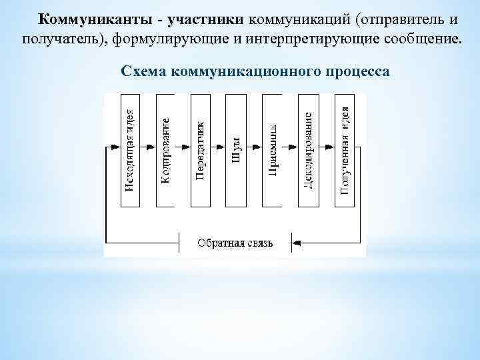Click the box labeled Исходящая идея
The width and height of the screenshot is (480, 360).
[x=131, y=150]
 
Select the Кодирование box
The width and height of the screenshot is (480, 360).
[x=165, y=150]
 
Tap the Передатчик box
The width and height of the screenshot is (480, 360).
[x=201, y=150]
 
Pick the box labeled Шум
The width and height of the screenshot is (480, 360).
[x=236, y=150]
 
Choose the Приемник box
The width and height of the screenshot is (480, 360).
[x=272, y=150]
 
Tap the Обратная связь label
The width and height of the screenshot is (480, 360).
[x=235, y=242]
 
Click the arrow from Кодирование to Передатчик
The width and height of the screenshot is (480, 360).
[x=183, y=147]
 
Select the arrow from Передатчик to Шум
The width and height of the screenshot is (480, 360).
[x=219, y=147]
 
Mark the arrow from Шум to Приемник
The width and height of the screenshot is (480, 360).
[x=254, y=147]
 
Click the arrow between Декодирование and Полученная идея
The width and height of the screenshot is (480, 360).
[x=327, y=147]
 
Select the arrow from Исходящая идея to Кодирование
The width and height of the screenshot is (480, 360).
[x=149, y=147]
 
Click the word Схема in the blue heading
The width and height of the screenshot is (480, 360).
[x=144, y=70]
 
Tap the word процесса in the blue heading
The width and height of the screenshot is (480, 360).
[x=359, y=70]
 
